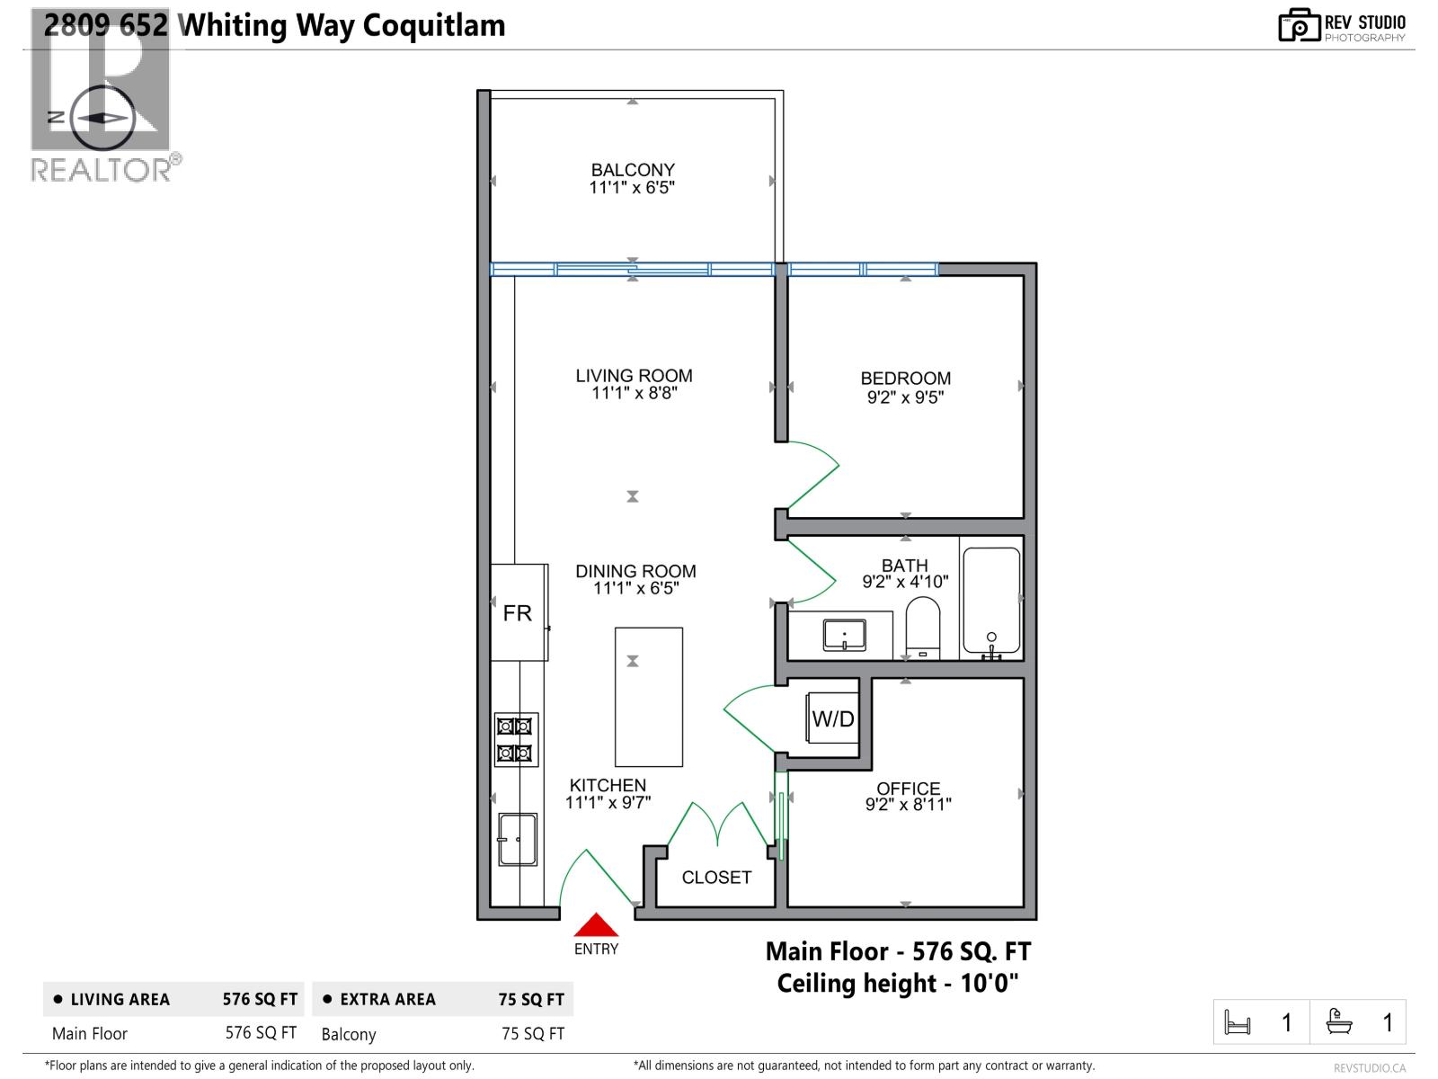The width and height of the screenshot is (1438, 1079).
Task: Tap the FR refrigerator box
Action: point(518,612)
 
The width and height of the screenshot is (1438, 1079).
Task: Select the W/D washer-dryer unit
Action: point(833,718)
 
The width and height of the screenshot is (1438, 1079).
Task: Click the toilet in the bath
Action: point(922,627)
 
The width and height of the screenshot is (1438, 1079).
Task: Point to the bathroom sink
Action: point(844,635)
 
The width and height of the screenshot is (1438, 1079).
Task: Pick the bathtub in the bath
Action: point(991,601)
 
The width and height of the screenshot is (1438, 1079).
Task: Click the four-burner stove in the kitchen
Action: point(516,739)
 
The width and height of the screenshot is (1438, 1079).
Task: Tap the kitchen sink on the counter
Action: point(518,840)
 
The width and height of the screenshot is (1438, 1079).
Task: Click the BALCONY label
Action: point(633,170)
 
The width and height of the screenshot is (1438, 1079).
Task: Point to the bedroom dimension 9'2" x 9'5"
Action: point(905,397)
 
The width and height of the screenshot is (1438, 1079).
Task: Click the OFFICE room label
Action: point(909,788)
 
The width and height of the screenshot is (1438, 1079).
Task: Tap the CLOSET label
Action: point(716,878)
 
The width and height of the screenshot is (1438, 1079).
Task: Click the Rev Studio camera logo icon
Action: point(1300,25)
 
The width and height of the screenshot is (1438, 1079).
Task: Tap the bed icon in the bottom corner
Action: point(1238,1022)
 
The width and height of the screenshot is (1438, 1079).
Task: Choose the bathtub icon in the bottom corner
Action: point(1339,1022)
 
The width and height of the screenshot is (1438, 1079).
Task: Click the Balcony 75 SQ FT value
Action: point(533,1034)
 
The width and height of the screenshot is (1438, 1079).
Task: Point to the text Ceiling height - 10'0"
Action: point(898,983)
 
